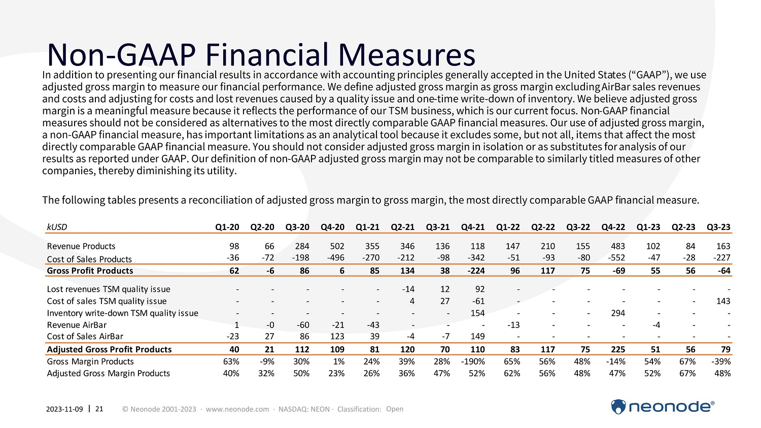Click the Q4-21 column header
pos(472,227)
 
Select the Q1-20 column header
pos(227,227)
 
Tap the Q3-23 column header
pos(718,227)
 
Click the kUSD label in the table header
pos(57,227)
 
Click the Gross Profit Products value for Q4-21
pos(476,271)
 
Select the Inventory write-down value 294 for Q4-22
pos(617,313)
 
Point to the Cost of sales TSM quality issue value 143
pos(723,301)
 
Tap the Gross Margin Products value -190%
pos(473,361)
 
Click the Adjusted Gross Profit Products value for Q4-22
pos(617,349)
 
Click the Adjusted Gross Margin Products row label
pos(108,373)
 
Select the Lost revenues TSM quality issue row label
pos(109,289)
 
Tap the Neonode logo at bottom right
pos(662,407)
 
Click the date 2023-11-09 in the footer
pos(64,409)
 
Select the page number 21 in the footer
pos(99,409)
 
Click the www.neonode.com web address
pos(237,409)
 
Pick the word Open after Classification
pos(395,409)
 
